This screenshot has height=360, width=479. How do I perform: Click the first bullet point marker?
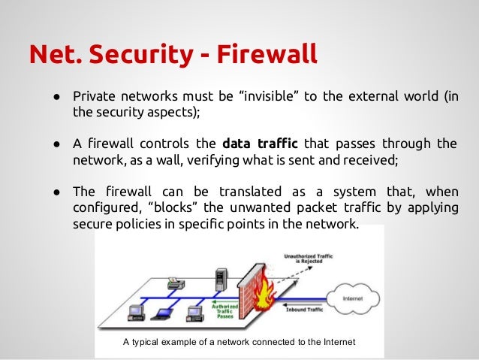56,98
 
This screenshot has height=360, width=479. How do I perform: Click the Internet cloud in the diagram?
354,300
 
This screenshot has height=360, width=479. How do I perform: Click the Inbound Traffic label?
307,308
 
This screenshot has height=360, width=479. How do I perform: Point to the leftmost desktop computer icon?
136,311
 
